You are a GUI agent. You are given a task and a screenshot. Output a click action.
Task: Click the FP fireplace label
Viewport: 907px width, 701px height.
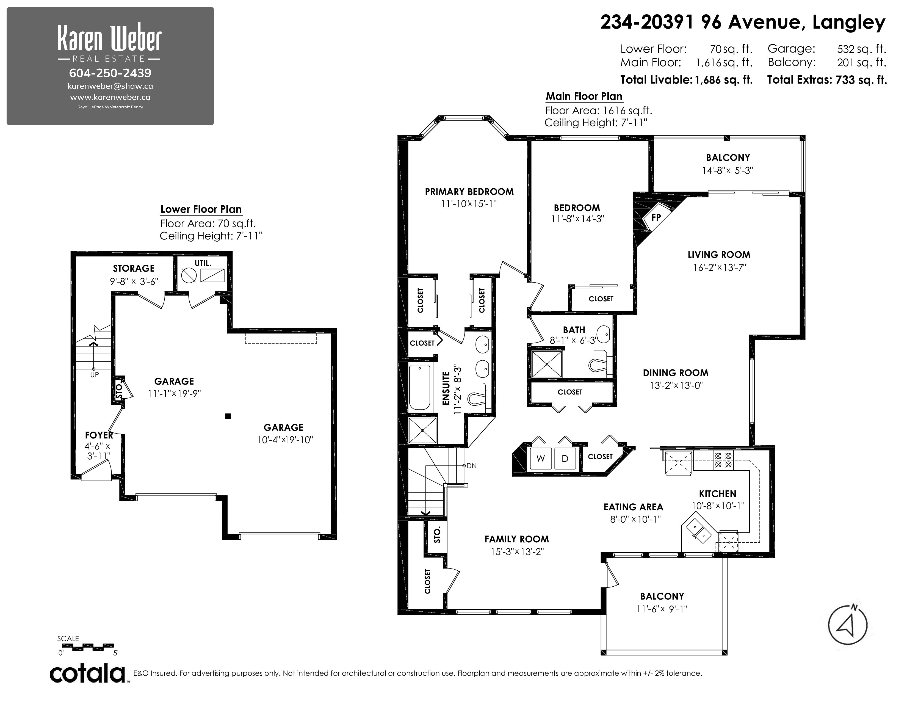click(656, 217)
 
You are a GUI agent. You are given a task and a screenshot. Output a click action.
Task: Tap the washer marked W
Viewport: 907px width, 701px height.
click(540, 459)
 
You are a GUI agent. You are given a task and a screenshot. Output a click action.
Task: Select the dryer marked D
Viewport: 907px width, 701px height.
click(565, 459)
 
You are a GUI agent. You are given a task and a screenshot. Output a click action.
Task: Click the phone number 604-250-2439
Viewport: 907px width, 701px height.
click(110, 73)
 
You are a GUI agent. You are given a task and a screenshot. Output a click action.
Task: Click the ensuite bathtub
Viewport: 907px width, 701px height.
click(419, 387)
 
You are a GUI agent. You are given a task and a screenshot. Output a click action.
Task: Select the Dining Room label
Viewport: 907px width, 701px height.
click(676, 373)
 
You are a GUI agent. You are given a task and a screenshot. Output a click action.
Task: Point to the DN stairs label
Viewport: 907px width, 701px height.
click(471, 465)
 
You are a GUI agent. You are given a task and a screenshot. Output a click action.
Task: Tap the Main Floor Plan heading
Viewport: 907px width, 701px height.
click(584, 96)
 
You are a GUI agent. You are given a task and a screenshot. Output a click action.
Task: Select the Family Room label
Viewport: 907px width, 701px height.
click(517, 539)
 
